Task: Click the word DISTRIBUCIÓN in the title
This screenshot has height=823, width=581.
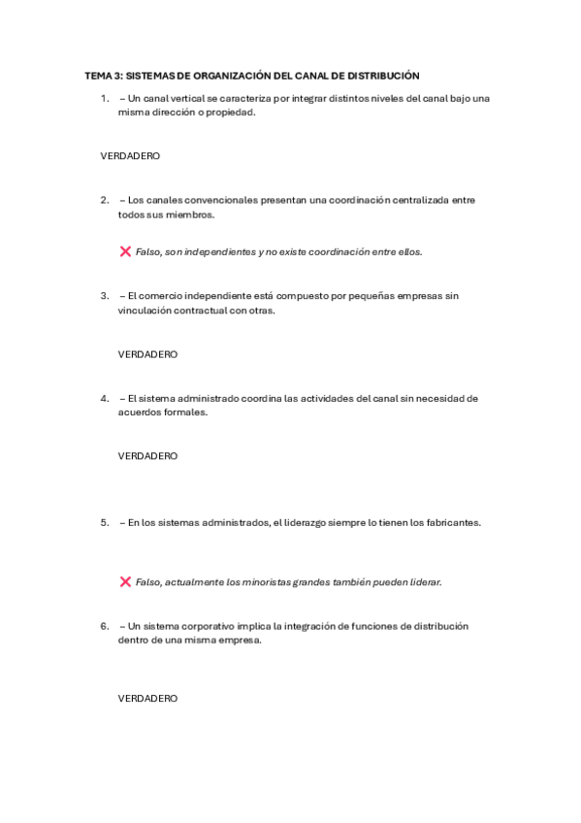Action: [x=385, y=75]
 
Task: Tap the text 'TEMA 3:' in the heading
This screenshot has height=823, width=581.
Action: [x=102, y=75]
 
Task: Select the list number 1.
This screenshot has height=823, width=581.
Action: [x=104, y=98]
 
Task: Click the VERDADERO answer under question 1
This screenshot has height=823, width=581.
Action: [x=130, y=155]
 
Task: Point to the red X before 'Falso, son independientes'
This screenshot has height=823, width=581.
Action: [x=125, y=251]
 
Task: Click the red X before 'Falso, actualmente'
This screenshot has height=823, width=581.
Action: [x=125, y=582]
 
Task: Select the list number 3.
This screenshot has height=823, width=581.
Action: [x=104, y=295]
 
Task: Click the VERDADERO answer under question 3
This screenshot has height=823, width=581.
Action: [x=147, y=354]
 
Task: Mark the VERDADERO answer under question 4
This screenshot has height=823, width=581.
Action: [x=147, y=455]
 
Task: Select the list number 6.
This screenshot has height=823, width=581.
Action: [x=104, y=626]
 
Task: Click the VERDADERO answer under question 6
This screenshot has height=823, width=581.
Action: [x=147, y=698]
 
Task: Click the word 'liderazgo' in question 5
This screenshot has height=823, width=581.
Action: [x=303, y=522]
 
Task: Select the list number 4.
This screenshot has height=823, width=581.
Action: [x=104, y=397]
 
